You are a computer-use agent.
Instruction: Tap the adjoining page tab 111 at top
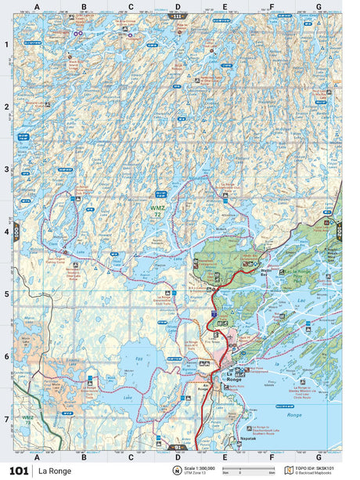[x=178, y=16]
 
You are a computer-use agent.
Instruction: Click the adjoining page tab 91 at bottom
[x=178, y=447]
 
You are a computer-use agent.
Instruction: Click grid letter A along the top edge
[x=37, y=7]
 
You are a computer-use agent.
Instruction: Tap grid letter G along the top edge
[x=318, y=7]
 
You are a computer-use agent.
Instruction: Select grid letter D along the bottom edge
[x=178, y=457]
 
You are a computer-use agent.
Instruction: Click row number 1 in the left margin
[x=6, y=44]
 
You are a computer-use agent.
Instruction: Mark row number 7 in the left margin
[x=6, y=419]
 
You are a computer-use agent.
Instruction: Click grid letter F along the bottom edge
[x=272, y=457]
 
